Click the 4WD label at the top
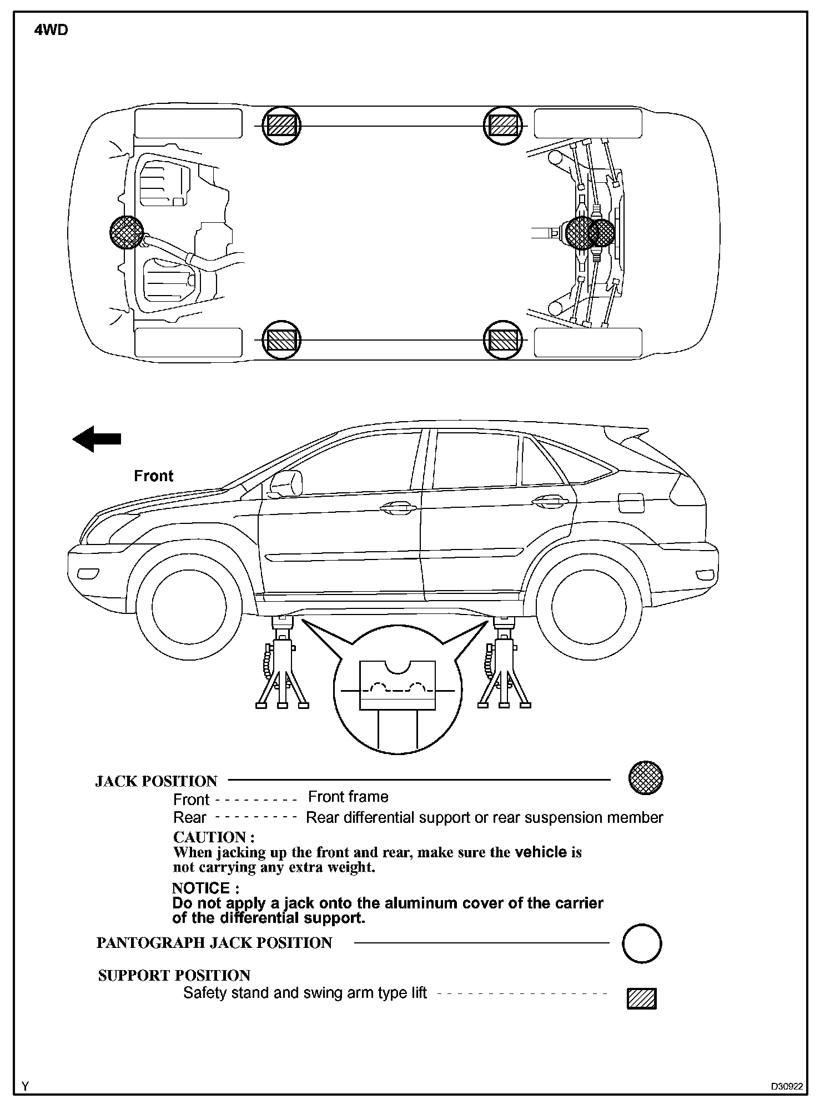tap(51, 31)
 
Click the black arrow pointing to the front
tap(97, 438)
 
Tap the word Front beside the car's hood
tap(154, 476)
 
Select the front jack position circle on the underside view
tap(127, 232)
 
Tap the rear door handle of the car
tap(551, 502)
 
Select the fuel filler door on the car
tap(631, 503)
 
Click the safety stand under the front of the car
tap(282, 664)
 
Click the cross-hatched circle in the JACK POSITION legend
tap(646, 777)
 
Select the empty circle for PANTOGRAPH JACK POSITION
tap(642, 943)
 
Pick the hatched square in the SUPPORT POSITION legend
tap(642, 998)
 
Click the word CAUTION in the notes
tap(214, 837)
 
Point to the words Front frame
tap(348, 797)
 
